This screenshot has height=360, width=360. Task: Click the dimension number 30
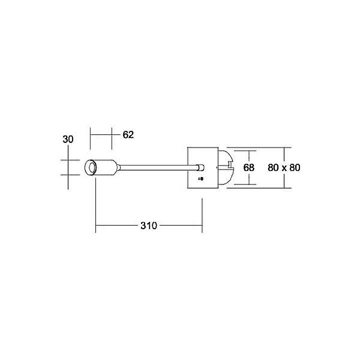coord(68,139)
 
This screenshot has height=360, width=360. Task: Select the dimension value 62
coord(128,135)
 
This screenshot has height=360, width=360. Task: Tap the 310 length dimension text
coord(148,225)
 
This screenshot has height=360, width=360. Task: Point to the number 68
coord(248,168)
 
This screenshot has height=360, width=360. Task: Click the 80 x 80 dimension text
coord(283,168)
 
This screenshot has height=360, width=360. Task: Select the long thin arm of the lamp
coord(155,167)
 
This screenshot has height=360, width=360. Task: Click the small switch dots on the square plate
coord(201,178)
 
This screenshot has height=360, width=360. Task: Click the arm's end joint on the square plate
coord(200,167)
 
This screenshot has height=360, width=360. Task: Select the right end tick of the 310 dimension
coord(202,215)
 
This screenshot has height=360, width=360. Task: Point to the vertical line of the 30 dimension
coord(68,175)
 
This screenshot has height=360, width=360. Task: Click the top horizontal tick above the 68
coord(245,151)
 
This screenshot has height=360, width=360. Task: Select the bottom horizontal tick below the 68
coord(245,184)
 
